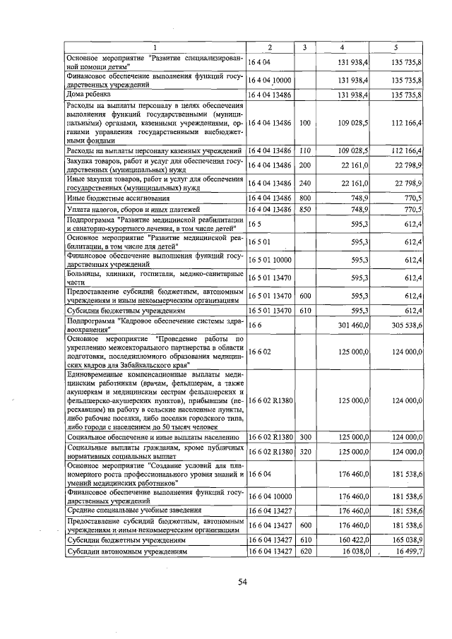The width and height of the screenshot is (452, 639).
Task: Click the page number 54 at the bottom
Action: click(x=242, y=581)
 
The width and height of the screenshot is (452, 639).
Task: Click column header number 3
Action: click(x=304, y=47)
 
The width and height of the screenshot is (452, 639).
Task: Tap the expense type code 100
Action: click(x=305, y=123)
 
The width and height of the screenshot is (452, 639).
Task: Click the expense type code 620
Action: click(x=305, y=551)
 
